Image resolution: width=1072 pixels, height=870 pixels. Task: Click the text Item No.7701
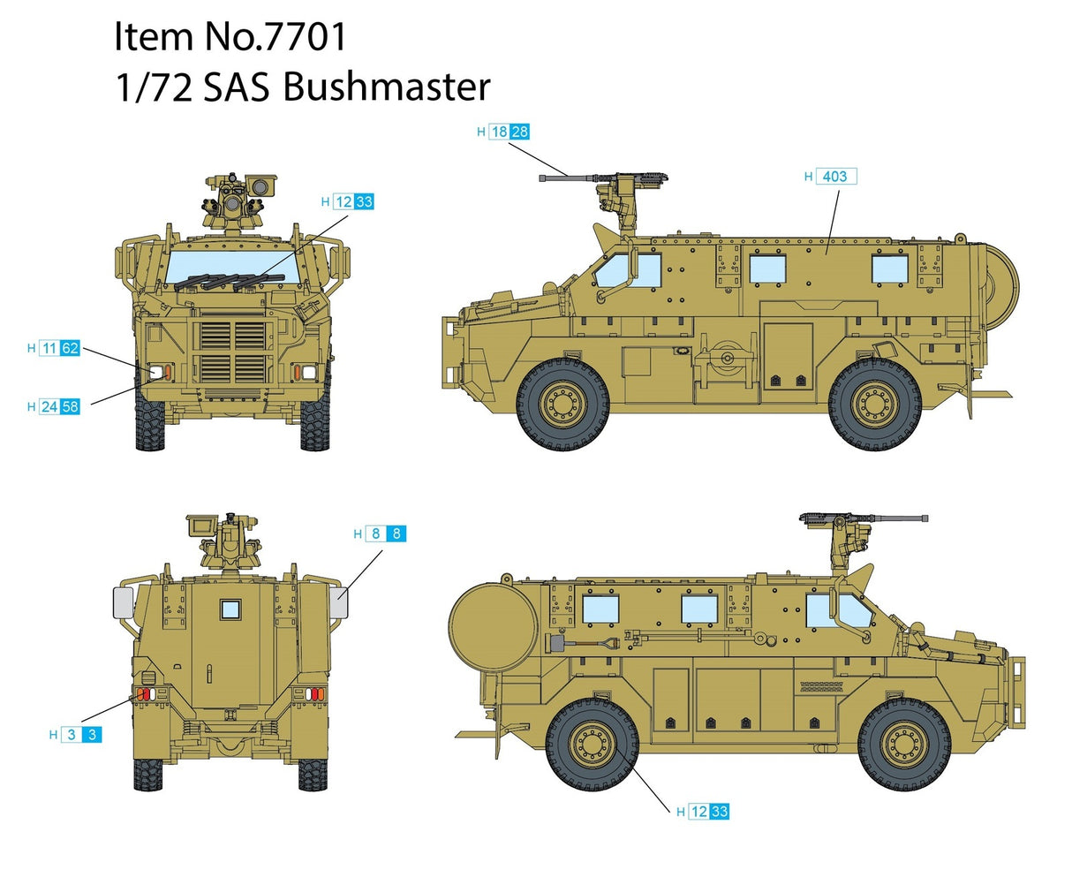(x=230, y=37)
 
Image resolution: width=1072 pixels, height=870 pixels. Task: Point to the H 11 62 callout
(x=54, y=349)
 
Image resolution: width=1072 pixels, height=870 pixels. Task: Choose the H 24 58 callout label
(x=54, y=407)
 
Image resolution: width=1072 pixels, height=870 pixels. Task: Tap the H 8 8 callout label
(x=380, y=533)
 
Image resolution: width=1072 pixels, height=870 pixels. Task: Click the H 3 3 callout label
(x=76, y=734)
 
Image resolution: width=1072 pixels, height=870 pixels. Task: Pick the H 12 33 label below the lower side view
(x=703, y=812)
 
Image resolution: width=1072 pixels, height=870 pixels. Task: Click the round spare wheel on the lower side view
(x=492, y=627)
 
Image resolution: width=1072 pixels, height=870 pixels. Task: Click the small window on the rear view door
(x=230, y=609)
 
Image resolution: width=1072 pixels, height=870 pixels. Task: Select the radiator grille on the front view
(x=229, y=352)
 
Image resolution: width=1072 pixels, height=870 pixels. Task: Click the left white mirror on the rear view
(x=122, y=603)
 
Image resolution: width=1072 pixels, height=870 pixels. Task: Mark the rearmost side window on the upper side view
(x=888, y=268)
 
